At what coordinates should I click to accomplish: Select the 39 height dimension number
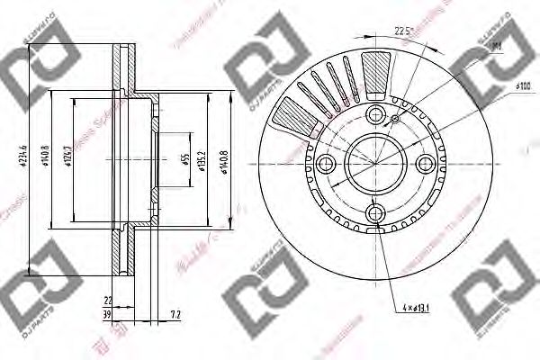tap(106, 315)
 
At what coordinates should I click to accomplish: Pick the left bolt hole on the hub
tap(327, 163)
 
